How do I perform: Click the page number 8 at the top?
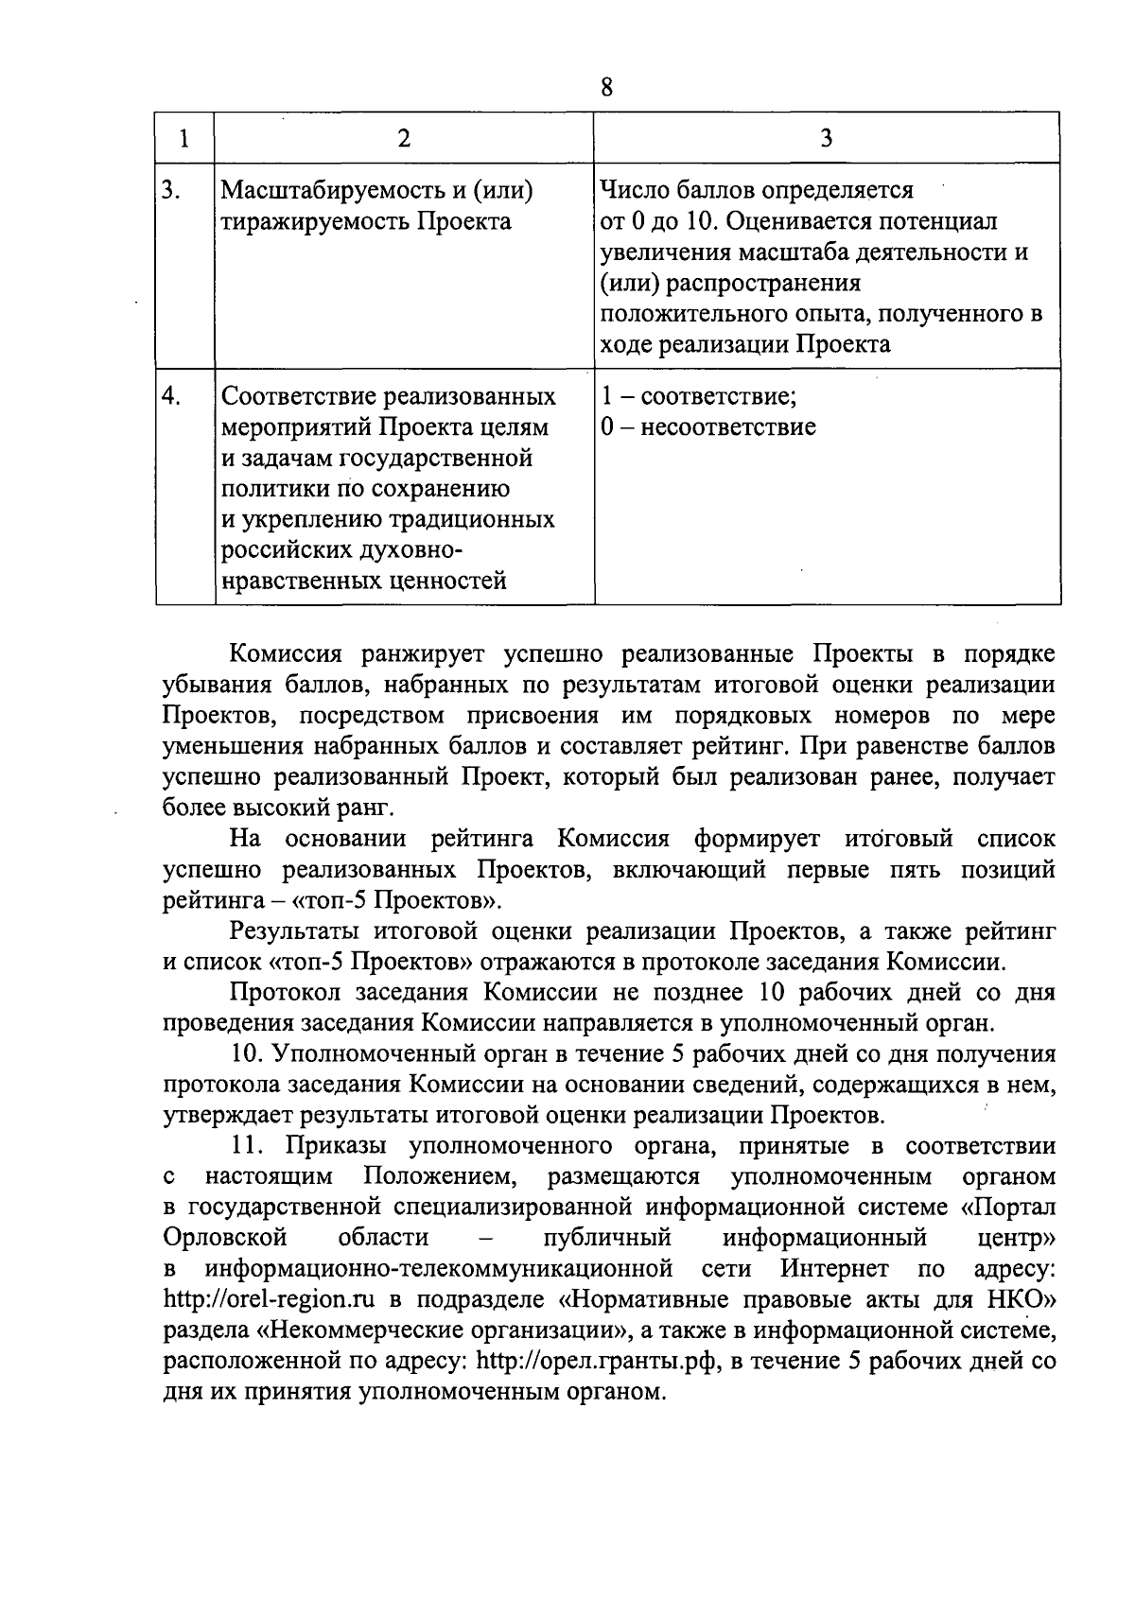click(x=606, y=88)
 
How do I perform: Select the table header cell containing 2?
click(x=404, y=138)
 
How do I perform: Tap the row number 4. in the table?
click(x=171, y=396)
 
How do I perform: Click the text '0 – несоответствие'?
click(x=708, y=426)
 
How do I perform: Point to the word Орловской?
click(x=224, y=1237)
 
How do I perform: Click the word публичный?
click(x=607, y=1237)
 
